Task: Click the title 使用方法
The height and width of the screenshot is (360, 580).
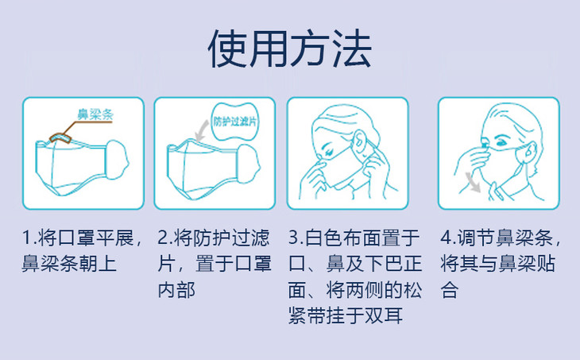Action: pos(290,48)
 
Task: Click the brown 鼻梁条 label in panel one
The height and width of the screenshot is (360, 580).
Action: pos(95,114)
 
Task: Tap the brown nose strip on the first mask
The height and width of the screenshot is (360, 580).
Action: pos(60,137)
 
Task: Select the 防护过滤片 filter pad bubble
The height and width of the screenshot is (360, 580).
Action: pos(234,122)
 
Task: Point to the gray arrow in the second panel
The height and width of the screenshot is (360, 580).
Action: pos(202,130)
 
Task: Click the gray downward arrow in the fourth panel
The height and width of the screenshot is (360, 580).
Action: pos(473,182)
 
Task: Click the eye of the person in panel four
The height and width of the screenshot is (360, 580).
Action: pos(501,142)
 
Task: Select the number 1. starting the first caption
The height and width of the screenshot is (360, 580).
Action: pos(29,238)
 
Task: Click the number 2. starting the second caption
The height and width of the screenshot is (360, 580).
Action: pos(165,238)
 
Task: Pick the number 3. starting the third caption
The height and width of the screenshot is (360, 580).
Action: pos(296,238)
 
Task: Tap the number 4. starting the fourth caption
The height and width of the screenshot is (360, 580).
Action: pos(448,238)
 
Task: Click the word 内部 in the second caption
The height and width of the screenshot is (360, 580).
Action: pos(177,290)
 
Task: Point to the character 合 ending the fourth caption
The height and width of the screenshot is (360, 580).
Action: pos(450,290)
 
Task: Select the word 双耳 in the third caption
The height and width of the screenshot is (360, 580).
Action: pos(384,316)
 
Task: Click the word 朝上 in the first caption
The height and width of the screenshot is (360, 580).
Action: pos(98,264)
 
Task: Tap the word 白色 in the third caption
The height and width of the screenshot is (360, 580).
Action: pos(324,238)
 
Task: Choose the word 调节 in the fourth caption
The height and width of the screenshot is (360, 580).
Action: pos(477,238)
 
